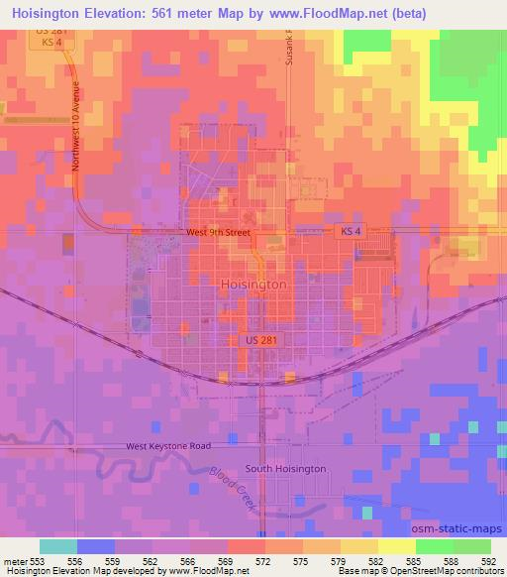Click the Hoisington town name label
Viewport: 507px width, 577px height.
(251, 284)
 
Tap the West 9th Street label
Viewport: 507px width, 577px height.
(217, 234)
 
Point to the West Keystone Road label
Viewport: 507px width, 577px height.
(168, 447)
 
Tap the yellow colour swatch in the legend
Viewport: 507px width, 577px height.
(396, 546)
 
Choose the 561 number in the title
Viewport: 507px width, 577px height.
(184, 14)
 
